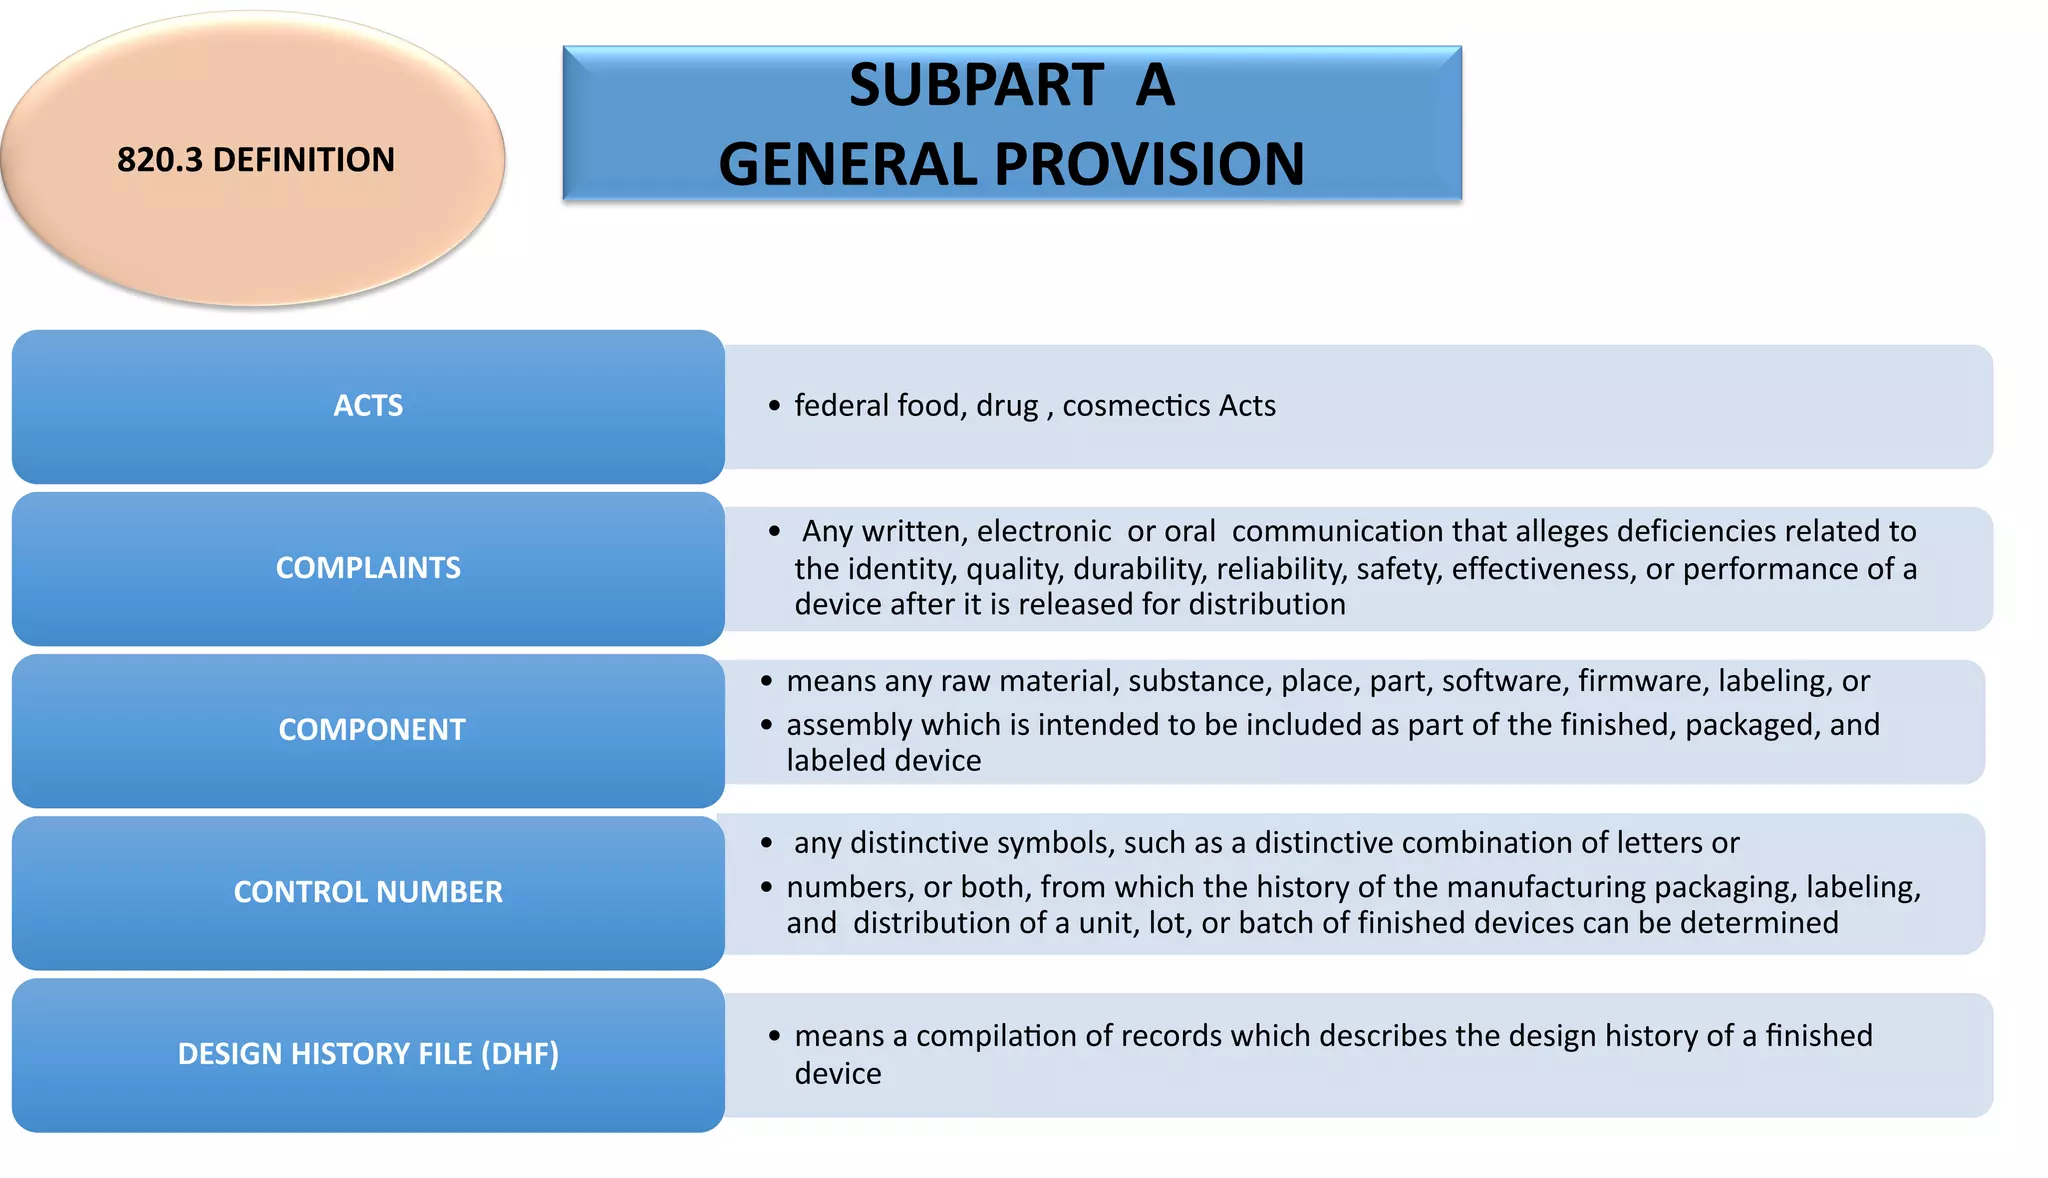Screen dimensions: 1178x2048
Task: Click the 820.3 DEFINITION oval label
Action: coord(256,160)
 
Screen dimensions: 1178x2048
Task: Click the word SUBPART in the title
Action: coord(976,85)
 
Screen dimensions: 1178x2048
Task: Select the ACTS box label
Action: coord(368,406)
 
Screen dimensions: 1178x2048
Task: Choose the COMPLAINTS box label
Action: coord(368,568)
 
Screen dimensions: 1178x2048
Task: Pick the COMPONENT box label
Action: coord(371,730)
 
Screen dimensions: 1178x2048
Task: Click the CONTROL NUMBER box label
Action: coord(368,892)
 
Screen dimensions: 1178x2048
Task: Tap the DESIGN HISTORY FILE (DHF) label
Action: coord(368,1054)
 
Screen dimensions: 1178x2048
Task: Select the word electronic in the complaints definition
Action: coord(1044,531)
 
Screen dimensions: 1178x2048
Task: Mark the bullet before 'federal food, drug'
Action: coord(774,406)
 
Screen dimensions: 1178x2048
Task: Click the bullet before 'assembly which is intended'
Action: coord(766,725)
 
